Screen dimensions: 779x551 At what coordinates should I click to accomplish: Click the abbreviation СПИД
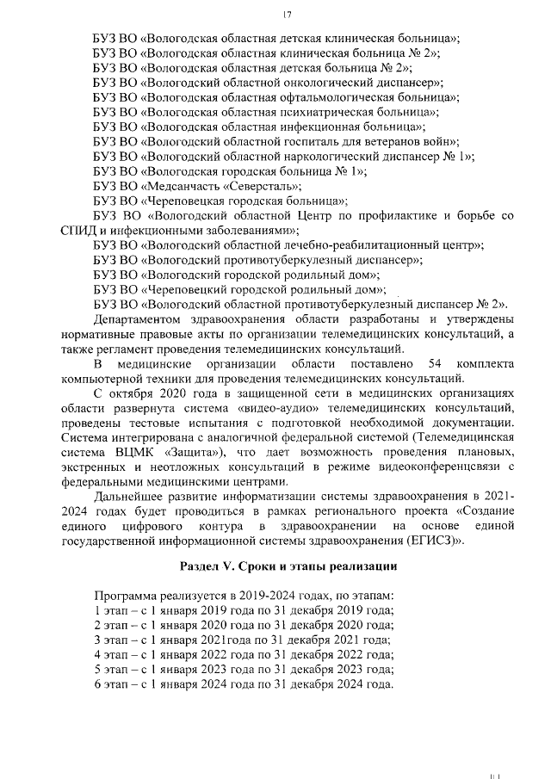79,230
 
